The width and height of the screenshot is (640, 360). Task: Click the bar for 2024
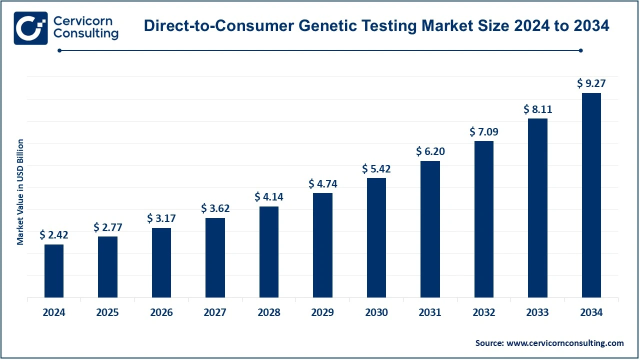tap(54, 270)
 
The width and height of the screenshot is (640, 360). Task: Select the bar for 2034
tap(591, 195)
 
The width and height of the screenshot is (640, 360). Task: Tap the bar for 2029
tap(322, 245)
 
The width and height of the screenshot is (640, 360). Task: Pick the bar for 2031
tap(430, 229)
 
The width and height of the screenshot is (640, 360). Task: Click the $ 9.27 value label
tap(591, 83)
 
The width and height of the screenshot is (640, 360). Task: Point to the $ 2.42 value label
tap(54, 234)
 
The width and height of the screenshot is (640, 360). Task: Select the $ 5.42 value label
tap(376, 168)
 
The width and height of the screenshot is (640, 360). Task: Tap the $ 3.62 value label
tap(215, 208)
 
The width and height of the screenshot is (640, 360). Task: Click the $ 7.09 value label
tap(484, 132)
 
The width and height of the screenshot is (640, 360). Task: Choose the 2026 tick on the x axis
tap(161, 313)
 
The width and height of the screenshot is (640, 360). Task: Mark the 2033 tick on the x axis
tap(537, 313)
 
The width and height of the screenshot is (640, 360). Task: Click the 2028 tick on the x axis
tap(269, 313)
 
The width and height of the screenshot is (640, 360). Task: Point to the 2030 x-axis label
tap(376, 313)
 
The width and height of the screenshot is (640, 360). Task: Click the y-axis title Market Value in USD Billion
tap(20, 192)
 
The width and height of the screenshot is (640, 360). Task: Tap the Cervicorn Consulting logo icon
tap(31, 28)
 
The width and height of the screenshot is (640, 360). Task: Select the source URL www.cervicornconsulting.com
tap(565, 343)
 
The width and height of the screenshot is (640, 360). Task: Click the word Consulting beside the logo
tap(85, 34)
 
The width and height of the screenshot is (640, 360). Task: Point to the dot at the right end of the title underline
tap(580, 50)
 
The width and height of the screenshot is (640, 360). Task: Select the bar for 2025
tap(107, 266)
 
